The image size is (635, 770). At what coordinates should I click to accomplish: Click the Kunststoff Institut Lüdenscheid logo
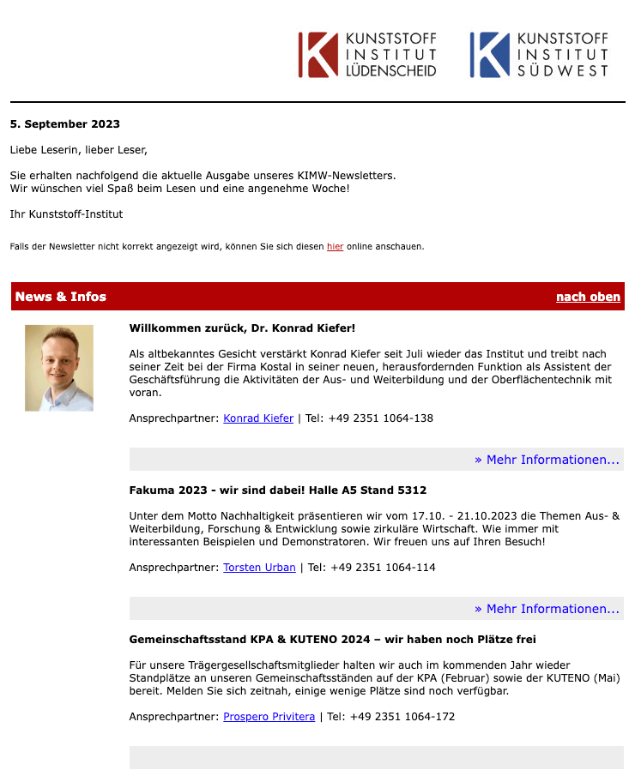coord(367,55)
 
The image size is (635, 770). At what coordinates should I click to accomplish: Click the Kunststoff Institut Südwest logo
coord(539,55)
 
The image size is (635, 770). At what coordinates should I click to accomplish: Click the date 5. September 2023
coord(65,124)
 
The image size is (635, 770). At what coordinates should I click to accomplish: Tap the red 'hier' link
coord(335,247)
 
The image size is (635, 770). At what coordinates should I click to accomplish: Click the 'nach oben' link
coord(588,297)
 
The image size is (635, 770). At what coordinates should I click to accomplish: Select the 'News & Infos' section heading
coord(61,297)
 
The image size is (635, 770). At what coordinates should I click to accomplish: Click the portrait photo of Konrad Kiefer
coord(59,368)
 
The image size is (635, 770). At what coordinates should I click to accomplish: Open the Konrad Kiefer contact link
coord(258,418)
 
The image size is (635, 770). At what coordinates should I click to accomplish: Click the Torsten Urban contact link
coord(259,568)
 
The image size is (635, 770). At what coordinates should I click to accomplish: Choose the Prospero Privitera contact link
coord(269,717)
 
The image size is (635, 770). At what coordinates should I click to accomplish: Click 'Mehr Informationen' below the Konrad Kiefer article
coord(547,460)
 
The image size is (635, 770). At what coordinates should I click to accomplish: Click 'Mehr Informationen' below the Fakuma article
coord(547,609)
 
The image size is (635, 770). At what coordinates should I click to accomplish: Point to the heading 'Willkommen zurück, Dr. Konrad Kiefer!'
coord(242,328)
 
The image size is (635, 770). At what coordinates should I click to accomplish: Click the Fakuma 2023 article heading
coord(277,490)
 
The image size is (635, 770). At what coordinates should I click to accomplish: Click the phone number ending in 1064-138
coord(369,418)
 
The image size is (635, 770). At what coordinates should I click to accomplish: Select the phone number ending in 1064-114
coord(372,568)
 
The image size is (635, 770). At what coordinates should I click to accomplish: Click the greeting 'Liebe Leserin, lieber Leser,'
coord(78,150)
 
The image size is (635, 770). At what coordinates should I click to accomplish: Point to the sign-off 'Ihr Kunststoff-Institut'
coord(67,214)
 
